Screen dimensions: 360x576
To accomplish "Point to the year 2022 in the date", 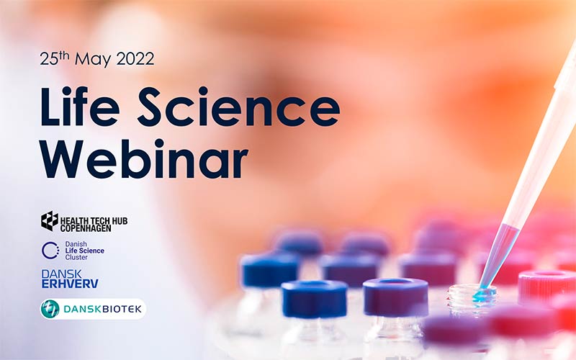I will (133, 60).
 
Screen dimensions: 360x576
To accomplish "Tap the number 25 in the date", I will (48, 60).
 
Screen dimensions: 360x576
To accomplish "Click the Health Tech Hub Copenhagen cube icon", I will (50, 221).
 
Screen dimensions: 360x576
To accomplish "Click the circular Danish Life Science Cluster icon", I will (50, 250).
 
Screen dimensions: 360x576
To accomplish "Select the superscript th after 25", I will (64, 55).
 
